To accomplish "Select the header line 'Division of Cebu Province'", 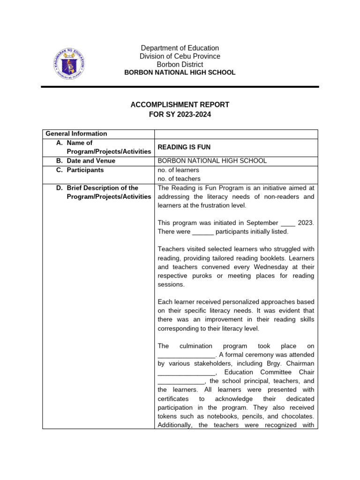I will click(180, 56).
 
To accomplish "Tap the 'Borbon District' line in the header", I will click(180, 64).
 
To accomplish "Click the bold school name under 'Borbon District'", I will click(180, 73).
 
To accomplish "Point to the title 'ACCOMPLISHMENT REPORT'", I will click(180, 105).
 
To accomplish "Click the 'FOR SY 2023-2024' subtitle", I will click(180, 114).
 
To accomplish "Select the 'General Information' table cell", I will click(76, 134).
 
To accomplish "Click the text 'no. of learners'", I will click(179, 170).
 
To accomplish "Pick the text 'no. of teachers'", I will click(179, 179).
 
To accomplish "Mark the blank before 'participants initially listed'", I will click(203, 232).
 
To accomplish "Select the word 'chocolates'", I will click(297, 416).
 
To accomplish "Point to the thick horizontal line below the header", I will click(180, 87).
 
